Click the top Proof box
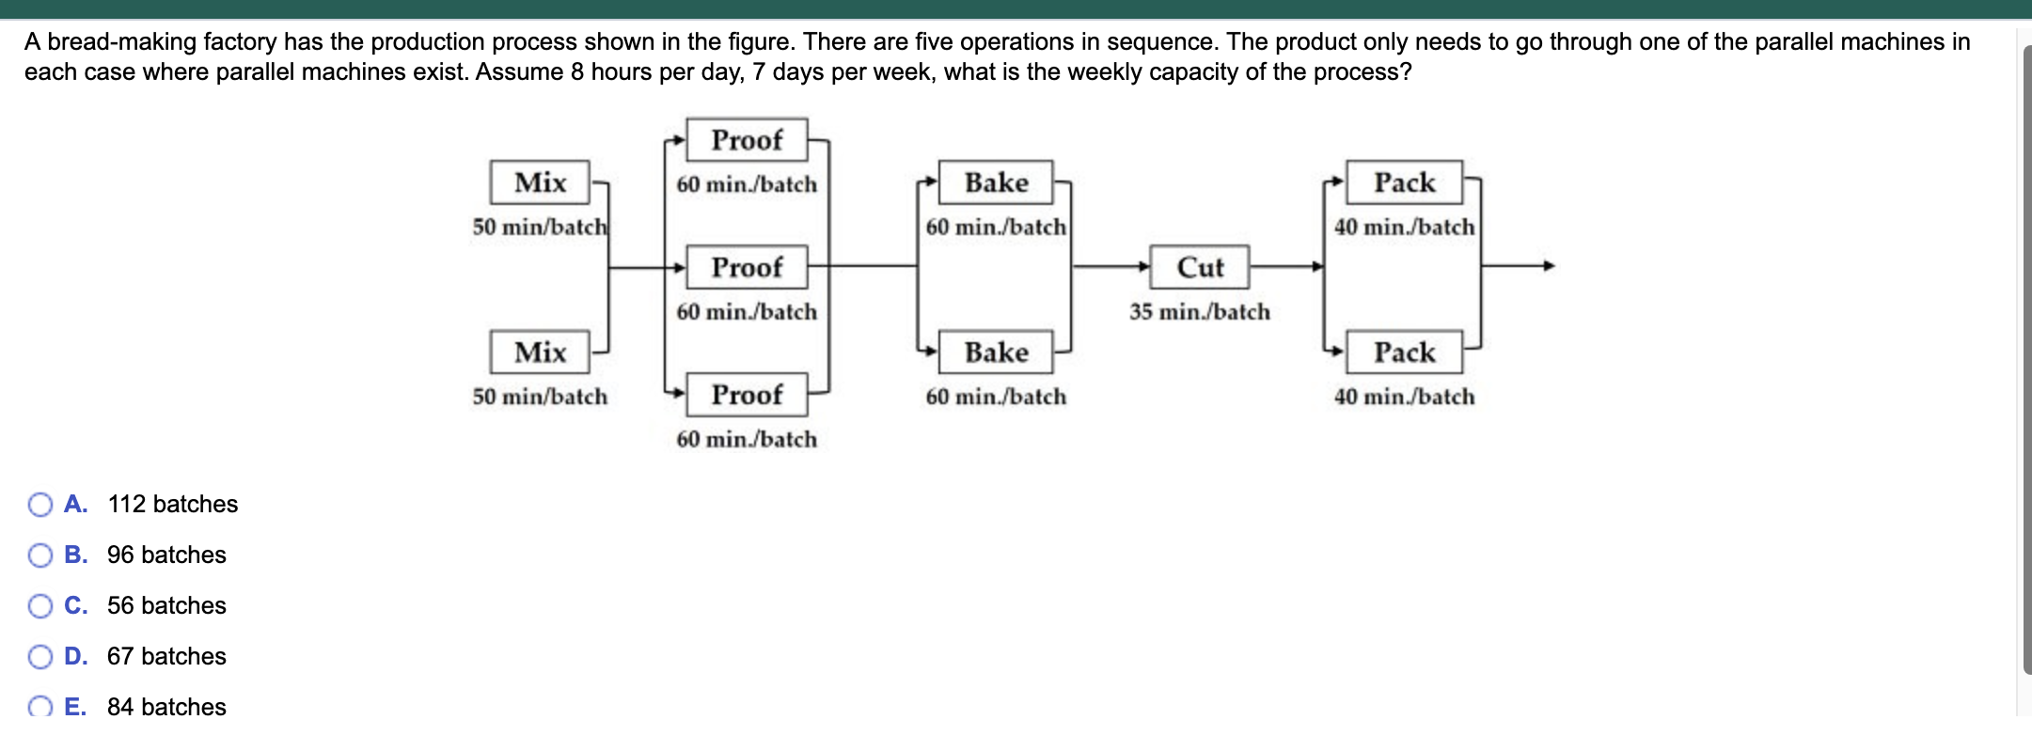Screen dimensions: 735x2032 (x=747, y=140)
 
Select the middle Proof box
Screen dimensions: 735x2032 (x=747, y=267)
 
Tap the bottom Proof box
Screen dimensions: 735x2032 (x=747, y=395)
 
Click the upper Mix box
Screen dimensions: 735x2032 (x=540, y=182)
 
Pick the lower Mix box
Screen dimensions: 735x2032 (x=540, y=352)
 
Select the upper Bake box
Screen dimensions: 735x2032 (x=996, y=182)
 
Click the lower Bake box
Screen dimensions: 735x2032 (x=996, y=352)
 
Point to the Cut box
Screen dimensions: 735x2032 (x=1200, y=267)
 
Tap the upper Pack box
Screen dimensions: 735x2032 (x=1404, y=182)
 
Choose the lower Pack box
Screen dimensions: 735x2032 (x=1404, y=352)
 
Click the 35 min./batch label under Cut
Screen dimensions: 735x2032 (x=1200, y=312)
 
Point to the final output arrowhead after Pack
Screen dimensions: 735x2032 (x=1549, y=266)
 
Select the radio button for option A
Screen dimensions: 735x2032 (x=40, y=505)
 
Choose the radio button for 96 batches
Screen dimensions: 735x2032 (x=40, y=555)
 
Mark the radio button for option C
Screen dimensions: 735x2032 (x=40, y=606)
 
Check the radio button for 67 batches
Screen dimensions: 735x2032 (x=40, y=657)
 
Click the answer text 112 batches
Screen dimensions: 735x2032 (x=173, y=505)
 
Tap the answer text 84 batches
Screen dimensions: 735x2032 (x=166, y=707)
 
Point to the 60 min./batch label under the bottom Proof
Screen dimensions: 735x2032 (x=747, y=440)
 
